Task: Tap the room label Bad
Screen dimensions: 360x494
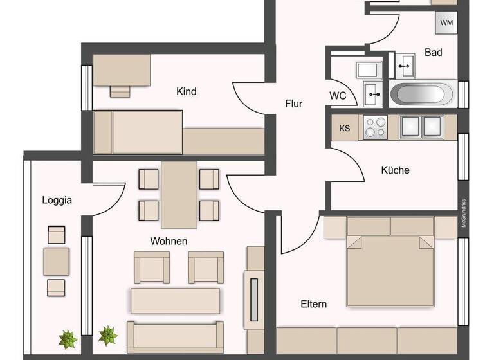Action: (434, 53)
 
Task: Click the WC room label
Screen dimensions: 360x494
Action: (338, 96)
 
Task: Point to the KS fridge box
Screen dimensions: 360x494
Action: (345, 127)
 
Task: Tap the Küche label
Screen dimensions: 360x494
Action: (395, 170)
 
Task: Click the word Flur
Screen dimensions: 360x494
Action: (293, 103)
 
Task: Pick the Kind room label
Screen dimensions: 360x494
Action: (186, 92)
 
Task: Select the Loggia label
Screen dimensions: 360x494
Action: (57, 200)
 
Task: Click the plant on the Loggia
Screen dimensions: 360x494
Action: (67, 337)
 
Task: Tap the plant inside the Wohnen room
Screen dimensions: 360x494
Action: (107, 335)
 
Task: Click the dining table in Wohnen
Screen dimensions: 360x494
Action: (179, 195)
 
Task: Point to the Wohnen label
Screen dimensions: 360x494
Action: (169, 241)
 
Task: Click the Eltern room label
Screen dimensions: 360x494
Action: (313, 303)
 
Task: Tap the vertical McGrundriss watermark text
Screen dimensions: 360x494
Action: (463, 213)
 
